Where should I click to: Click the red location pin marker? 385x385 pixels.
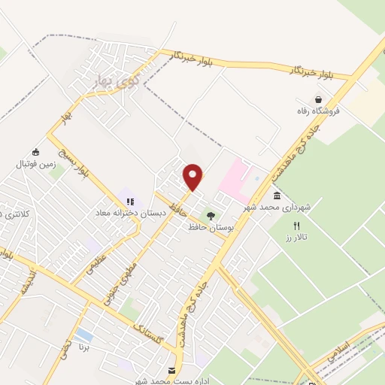click(x=193, y=177)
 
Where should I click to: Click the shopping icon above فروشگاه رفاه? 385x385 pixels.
click(x=319, y=99)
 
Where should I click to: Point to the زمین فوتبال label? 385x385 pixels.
click(x=35, y=163)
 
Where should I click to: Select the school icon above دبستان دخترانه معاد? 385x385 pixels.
click(x=129, y=202)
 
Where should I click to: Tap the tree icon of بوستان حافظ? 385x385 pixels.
click(x=211, y=216)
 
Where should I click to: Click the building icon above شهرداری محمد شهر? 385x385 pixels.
click(x=277, y=196)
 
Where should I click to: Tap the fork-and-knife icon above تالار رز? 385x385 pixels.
click(x=297, y=226)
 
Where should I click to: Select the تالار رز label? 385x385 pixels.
click(x=297, y=238)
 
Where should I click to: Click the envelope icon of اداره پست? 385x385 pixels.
click(x=172, y=370)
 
